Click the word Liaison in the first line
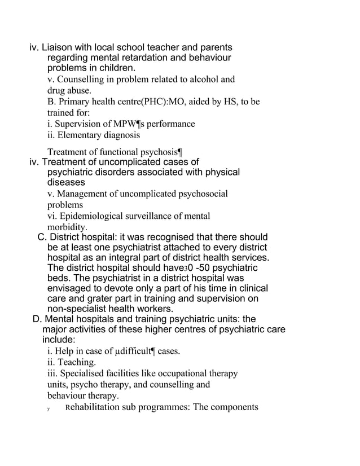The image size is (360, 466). (60, 48)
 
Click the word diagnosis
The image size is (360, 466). (121, 135)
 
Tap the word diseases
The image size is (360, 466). (66, 183)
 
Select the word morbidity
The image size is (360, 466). (67, 227)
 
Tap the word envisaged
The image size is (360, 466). (73, 288)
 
